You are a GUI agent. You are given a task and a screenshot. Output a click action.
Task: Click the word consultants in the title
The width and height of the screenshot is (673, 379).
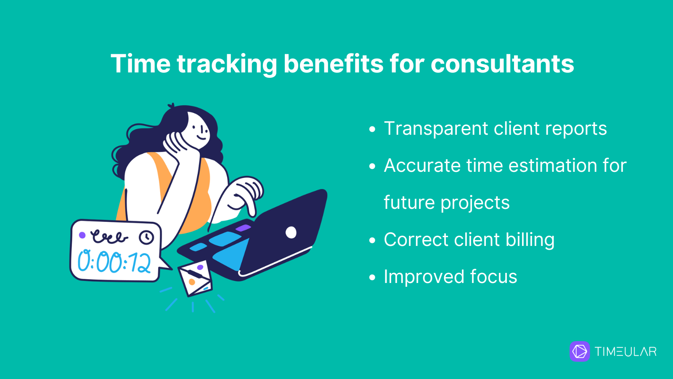click(x=502, y=64)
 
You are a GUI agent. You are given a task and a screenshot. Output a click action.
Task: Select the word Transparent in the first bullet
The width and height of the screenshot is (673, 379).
click(x=436, y=129)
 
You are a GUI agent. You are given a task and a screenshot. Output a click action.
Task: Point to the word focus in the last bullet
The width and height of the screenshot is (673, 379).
click(x=494, y=276)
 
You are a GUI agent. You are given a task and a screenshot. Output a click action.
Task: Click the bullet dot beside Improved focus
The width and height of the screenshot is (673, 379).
click(x=372, y=278)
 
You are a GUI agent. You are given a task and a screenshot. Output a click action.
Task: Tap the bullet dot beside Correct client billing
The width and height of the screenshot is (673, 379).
click(x=372, y=240)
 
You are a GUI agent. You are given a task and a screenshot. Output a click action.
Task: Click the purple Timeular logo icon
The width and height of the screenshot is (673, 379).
click(x=580, y=351)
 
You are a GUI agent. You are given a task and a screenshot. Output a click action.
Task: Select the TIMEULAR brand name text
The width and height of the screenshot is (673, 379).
click(x=625, y=352)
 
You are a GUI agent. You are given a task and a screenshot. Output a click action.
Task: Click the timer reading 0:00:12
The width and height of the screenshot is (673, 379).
click(x=114, y=262)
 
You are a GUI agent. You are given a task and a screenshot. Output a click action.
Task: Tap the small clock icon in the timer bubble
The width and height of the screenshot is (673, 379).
click(x=146, y=238)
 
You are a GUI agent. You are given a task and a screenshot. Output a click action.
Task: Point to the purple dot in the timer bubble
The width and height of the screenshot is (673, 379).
click(x=82, y=235)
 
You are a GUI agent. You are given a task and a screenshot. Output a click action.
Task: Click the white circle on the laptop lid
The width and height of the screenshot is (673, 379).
click(x=291, y=232)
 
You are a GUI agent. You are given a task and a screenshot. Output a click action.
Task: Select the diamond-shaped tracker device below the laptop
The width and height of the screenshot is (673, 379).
click(x=195, y=278)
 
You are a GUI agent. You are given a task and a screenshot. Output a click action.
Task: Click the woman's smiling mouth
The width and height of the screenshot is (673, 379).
click(x=201, y=138)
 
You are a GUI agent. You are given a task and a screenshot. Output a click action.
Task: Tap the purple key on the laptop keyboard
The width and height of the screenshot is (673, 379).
click(x=243, y=228)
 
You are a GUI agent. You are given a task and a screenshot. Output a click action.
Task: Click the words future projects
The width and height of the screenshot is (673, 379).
click(x=447, y=203)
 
